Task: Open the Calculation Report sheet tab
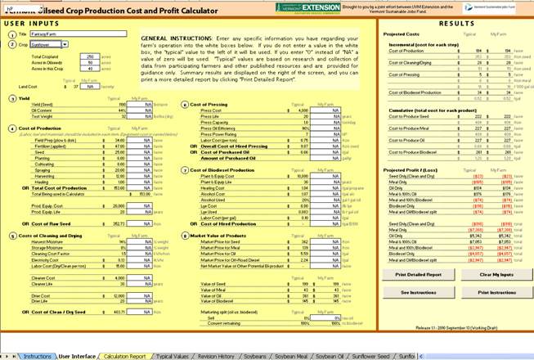pyautogui.click(x=124, y=356)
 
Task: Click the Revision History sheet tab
pyautogui.click(x=220, y=356)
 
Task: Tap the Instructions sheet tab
pyautogui.click(x=37, y=356)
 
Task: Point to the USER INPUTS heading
pyautogui.click(x=32, y=25)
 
